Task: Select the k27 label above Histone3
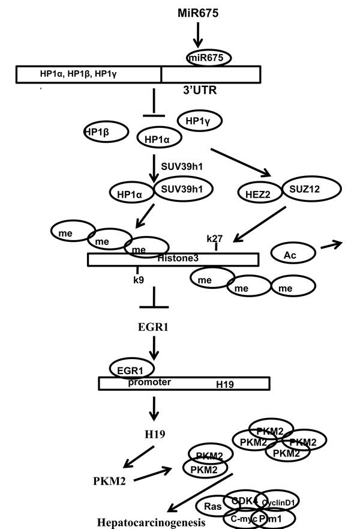click(215, 238)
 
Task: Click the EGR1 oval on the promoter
click(131, 367)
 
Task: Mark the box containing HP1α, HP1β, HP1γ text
click(88, 74)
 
